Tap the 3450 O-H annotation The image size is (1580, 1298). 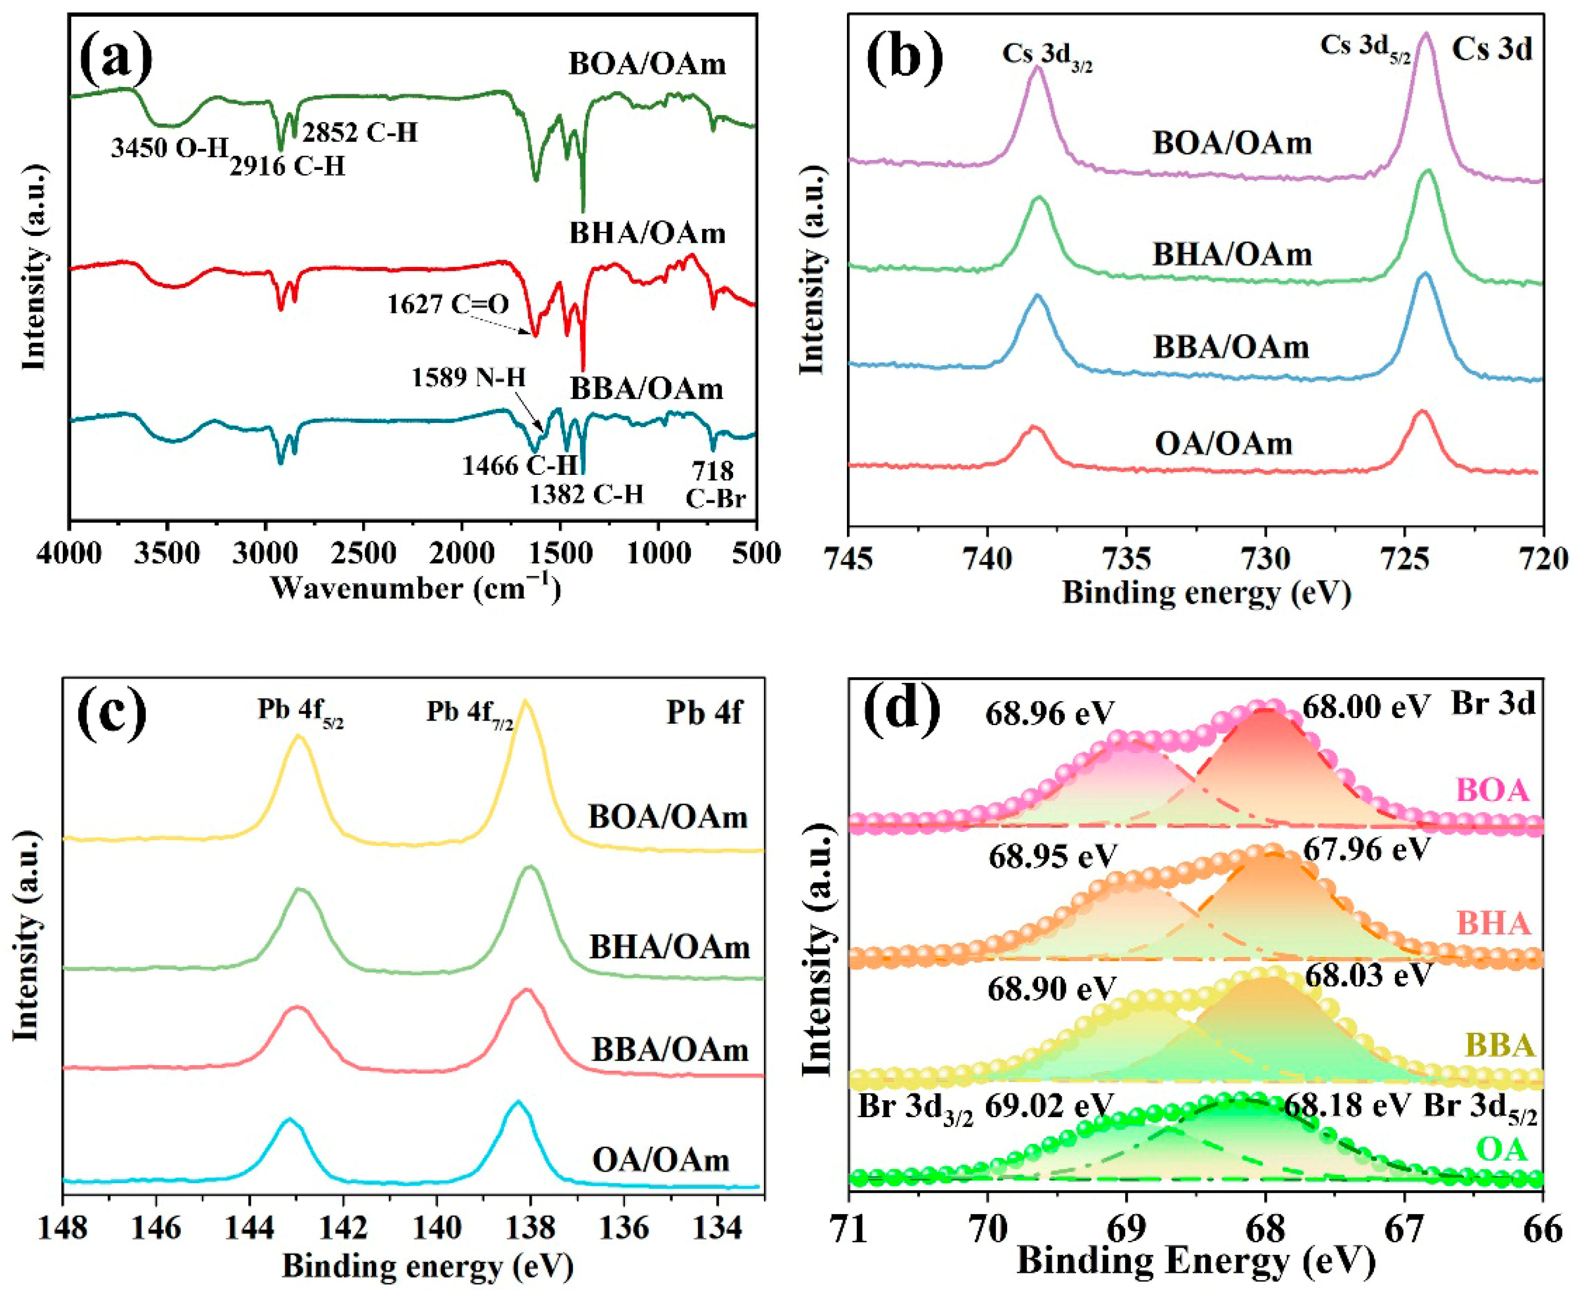[169, 147]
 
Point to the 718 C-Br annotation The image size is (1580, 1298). [716, 484]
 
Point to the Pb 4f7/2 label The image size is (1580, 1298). [470, 711]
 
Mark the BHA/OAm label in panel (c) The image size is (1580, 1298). [669, 947]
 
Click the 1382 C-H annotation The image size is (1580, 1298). [587, 494]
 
